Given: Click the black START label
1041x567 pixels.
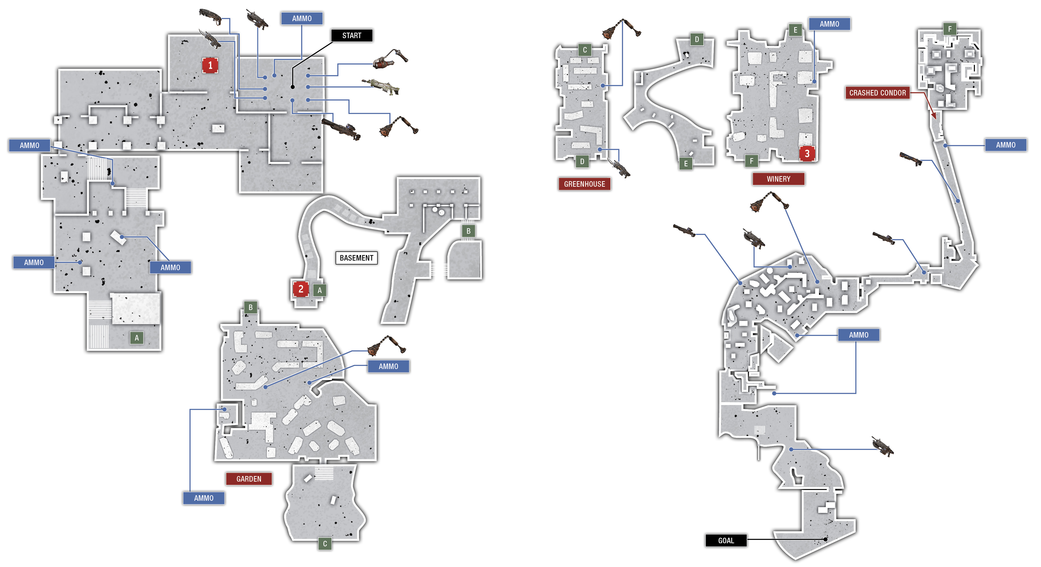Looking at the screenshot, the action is click(351, 36).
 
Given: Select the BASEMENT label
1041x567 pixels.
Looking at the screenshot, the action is click(357, 258).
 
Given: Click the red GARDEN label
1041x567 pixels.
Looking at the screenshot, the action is click(249, 479).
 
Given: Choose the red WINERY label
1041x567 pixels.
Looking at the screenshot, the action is click(778, 179).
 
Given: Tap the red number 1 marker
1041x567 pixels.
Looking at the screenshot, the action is click(210, 65).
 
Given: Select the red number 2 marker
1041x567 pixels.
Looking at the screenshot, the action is click(301, 289).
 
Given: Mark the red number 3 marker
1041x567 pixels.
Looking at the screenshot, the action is click(807, 154).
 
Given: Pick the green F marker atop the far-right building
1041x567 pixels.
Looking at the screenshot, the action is click(950, 29).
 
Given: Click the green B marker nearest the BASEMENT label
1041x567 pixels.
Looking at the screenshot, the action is click(468, 231).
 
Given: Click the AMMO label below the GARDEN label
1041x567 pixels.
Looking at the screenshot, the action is click(204, 498).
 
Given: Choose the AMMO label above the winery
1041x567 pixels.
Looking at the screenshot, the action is click(829, 24).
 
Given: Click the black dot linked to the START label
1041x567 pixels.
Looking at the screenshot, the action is click(292, 87).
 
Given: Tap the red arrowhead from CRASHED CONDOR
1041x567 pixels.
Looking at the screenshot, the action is click(934, 116).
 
